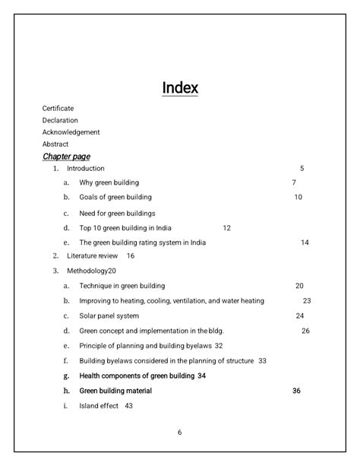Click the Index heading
(180, 88)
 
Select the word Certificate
(58, 109)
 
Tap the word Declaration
(60, 120)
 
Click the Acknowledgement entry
(71, 132)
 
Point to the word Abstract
(55, 144)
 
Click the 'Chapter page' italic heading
(66, 156)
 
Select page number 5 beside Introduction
(302, 168)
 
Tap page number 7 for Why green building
(294, 182)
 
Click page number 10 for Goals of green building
(298, 197)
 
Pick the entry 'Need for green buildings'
(117, 213)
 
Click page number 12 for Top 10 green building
(226, 228)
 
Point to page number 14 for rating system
(305, 243)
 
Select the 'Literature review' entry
(92, 256)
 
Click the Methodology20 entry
(91, 271)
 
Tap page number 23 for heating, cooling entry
(307, 301)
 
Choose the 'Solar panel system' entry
(109, 315)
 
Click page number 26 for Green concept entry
(305, 331)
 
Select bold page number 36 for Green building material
(296, 391)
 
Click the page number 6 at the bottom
(180, 433)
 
